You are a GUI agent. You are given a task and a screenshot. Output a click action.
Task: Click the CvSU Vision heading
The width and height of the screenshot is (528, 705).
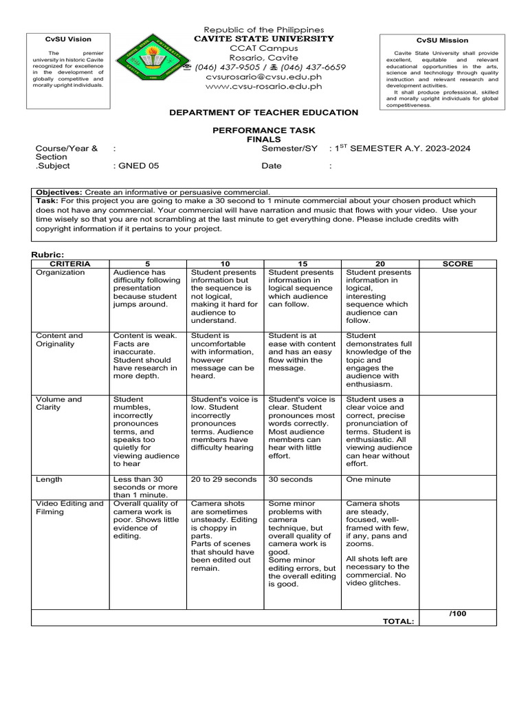68,39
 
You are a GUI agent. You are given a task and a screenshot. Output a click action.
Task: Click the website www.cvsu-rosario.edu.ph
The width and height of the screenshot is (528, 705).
264,87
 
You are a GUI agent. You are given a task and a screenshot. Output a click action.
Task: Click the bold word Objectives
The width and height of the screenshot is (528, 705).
58,192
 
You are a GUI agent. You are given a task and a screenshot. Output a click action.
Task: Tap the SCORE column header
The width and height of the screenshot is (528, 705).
457,264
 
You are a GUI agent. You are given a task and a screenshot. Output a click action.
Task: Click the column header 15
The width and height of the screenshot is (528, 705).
303,264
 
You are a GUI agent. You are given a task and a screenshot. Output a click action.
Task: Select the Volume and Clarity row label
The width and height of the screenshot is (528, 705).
60,403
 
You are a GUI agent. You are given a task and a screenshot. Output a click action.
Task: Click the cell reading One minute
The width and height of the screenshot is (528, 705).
368,479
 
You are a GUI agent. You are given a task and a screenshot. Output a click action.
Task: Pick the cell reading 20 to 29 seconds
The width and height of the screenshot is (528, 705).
223,479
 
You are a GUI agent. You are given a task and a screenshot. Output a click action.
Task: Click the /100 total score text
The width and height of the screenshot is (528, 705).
457,613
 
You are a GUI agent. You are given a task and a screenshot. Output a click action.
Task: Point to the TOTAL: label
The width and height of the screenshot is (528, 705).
399,622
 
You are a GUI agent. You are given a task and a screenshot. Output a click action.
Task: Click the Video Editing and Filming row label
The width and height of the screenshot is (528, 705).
69,508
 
